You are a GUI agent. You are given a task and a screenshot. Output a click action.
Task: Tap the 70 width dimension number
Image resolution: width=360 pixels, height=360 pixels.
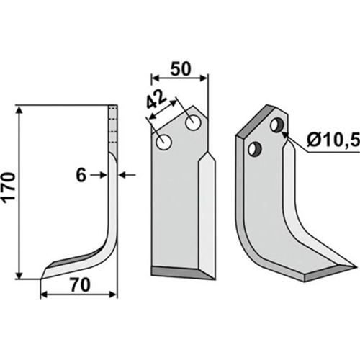(x=81, y=285)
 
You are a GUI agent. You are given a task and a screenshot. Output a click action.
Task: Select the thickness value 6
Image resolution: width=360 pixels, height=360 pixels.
(x=81, y=175)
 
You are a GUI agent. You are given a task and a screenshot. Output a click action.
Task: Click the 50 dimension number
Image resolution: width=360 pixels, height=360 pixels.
(x=181, y=68)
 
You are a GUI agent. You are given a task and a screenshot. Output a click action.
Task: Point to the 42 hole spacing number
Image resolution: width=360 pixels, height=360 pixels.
(x=156, y=100)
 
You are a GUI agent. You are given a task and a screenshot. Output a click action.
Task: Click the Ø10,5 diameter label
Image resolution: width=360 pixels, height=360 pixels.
(x=333, y=140)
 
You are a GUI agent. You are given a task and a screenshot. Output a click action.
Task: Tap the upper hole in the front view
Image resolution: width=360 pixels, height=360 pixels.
(x=193, y=123)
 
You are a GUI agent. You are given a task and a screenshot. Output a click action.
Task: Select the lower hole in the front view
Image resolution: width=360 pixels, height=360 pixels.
(x=164, y=143)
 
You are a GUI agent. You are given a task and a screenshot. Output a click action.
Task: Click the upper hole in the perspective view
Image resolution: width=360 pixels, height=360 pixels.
(x=277, y=125)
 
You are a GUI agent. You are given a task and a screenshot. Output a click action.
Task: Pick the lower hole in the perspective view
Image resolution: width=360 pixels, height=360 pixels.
(x=255, y=149)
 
